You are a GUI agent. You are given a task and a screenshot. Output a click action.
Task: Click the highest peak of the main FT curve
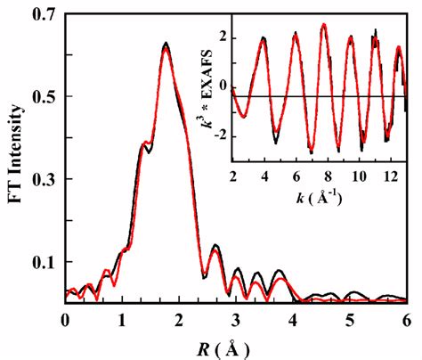click(166, 43)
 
